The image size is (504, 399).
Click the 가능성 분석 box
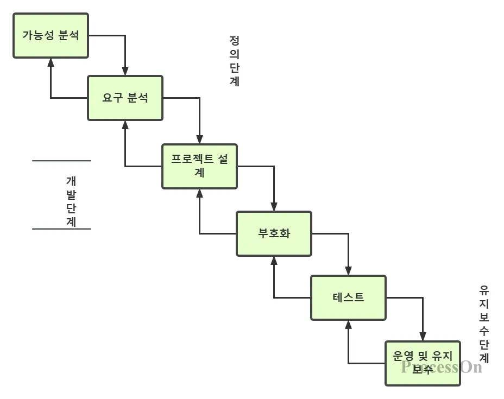(x=51, y=36)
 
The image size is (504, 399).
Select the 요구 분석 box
(x=125, y=98)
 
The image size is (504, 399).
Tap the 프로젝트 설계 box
(x=199, y=166)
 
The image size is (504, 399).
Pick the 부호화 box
(x=274, y=234)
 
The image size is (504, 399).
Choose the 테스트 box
(x=348, y=297)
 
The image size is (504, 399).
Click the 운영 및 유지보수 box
(x=423, y=363)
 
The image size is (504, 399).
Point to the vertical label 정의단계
(x=235, y=61)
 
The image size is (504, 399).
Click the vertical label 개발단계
(x=71, y=201)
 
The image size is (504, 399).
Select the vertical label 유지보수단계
(x=484, y=324)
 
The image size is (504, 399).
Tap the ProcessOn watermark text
(x=442, y=367)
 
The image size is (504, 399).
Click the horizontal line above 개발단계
(x=61, y=161)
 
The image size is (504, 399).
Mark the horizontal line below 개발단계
(x=61, y=229)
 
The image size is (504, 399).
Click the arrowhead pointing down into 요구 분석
(x=125, y=71)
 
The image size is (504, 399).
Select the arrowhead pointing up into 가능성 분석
(x=51, y=62)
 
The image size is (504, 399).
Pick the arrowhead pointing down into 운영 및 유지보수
(x=423, y=337)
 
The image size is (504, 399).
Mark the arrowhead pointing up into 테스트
(x=349, y=324)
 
